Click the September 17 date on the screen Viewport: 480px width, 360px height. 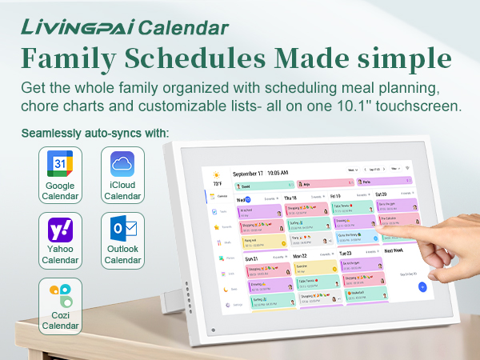pyautogui.click(x=247, y=173)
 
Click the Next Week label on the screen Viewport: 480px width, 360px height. pyautogui.click(x=395, y=250)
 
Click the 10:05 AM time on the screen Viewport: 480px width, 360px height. pyautogui.click(x=278, y=172)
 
